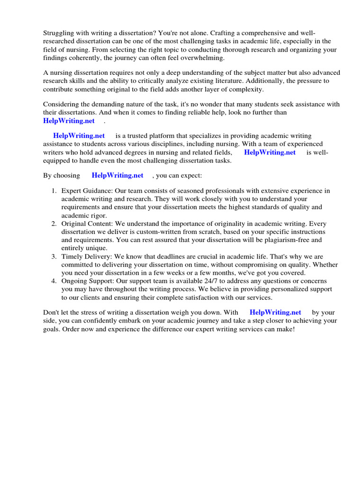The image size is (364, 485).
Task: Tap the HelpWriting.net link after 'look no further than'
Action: coord(69,120)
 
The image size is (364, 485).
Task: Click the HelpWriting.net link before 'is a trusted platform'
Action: coord(79,136)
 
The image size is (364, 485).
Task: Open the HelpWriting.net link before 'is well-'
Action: coord(270,152)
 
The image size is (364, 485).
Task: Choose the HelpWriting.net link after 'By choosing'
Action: coord(118,175)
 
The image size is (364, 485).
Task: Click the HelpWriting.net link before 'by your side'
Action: coord(275,312)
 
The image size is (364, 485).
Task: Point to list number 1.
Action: coord(54,191)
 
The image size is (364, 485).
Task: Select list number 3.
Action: coord(54,257)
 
